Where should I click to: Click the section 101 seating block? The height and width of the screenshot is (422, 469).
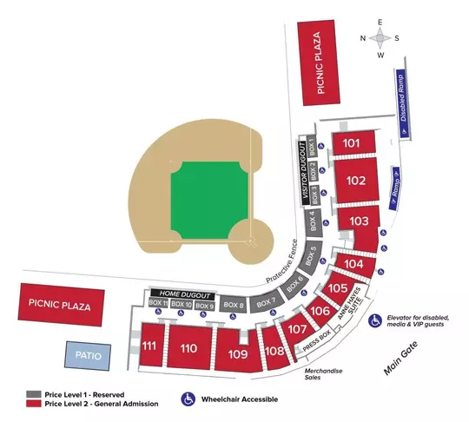352,142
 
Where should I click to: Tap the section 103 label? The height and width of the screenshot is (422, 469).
360,222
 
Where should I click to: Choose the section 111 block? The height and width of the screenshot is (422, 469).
149,346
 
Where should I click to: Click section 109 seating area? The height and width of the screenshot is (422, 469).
238,354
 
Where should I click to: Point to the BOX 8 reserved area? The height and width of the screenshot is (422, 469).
233,305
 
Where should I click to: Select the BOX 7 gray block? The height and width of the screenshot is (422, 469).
267,300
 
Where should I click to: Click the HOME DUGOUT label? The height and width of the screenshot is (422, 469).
181,293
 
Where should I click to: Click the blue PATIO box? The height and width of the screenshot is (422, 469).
89,354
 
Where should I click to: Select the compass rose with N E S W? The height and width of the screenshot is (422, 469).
380,38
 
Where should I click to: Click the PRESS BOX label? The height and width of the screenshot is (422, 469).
317,340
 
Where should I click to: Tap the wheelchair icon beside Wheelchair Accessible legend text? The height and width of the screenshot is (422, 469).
188,399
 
